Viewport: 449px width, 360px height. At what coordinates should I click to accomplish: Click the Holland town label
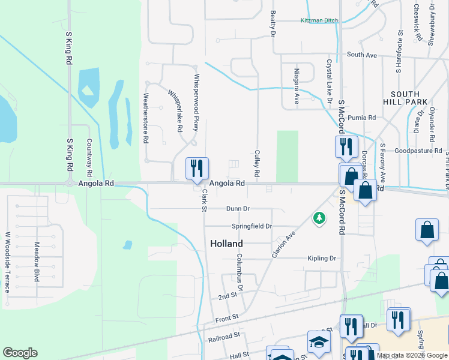[x=226, y=244]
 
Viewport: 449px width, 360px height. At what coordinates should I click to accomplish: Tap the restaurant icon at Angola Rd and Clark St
[x=197, y=169]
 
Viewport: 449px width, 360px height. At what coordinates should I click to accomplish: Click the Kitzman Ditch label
[x=319, y=20]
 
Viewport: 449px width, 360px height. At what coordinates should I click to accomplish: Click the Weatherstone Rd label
[x=146, y=118]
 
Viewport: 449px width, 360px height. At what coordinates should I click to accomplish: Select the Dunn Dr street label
[x=238, y=208]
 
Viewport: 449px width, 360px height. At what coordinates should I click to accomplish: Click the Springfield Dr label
[x=252, y=226]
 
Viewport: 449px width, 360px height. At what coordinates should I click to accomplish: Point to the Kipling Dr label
[x=321, y=258]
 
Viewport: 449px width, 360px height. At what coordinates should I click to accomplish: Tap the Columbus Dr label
[x=239, y=272]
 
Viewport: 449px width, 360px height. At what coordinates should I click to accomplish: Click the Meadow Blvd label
[x=37, y=262]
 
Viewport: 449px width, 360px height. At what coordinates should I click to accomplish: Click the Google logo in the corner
[x=20, y=353]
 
